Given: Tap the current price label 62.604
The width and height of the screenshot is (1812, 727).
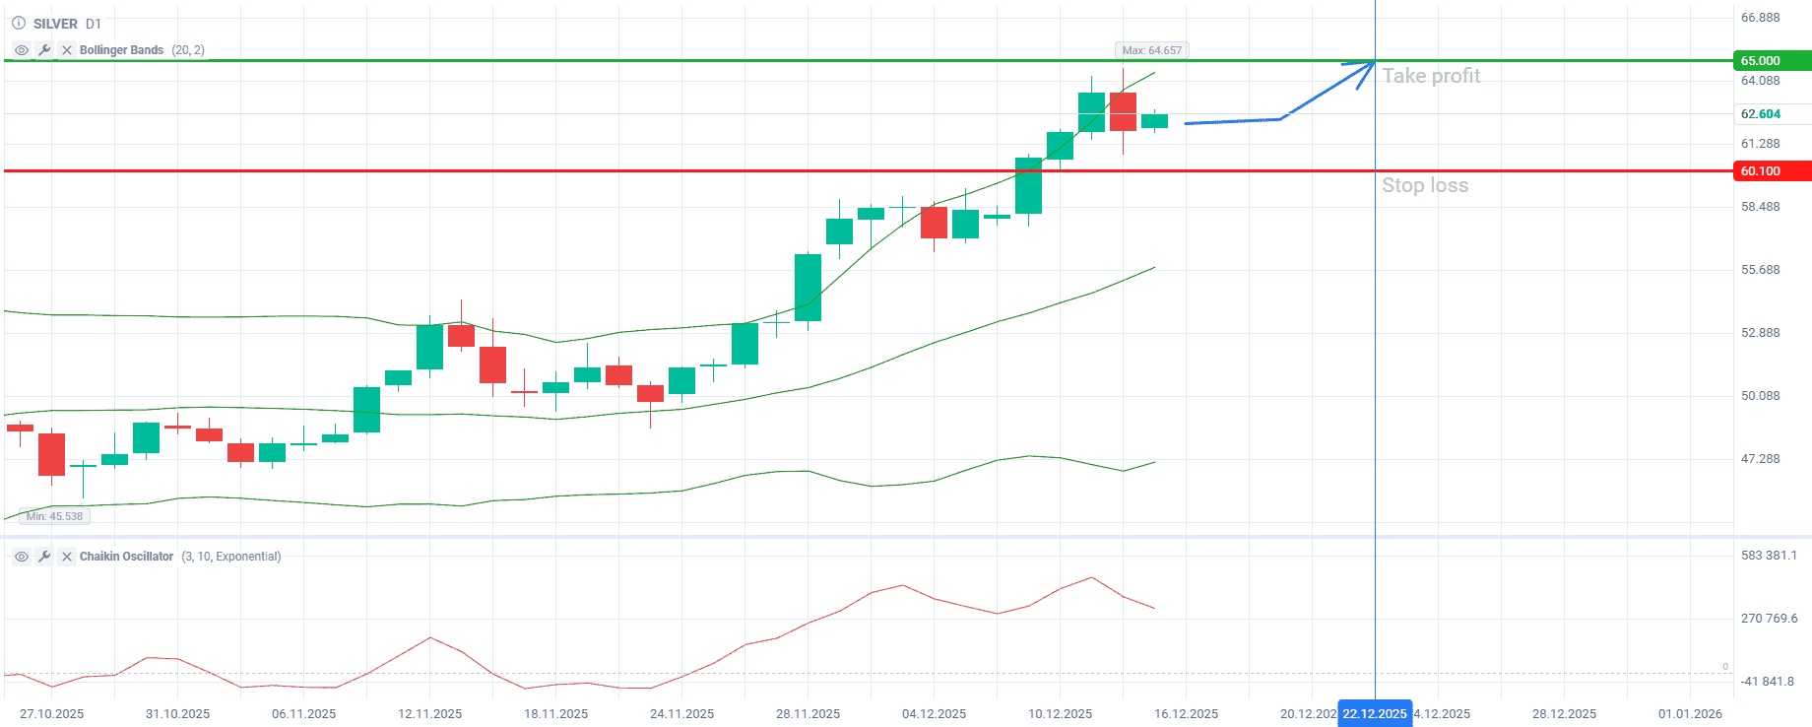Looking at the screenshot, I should (1761, 114).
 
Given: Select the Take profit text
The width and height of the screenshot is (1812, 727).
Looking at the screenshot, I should (1431, 76).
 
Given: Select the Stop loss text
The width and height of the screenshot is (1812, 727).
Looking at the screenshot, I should (1425, 185).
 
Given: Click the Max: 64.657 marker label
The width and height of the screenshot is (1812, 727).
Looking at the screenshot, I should (1151, 50).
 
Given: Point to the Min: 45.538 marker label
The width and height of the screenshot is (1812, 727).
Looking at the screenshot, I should (55, 516).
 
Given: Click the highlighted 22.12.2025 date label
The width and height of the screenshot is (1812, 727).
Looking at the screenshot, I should (1375, 714).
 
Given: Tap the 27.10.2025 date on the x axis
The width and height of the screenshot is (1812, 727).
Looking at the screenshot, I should (52, 714).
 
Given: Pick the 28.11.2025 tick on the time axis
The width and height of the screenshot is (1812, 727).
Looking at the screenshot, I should (809, 714).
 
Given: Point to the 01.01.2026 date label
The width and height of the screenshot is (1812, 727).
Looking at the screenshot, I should (1690, 714).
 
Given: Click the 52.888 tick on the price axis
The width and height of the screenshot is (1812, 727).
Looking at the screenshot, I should (1761, 333).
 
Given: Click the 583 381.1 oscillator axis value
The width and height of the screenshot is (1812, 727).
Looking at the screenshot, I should (1769, 556).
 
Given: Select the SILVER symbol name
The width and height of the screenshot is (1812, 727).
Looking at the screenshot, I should (55, 24).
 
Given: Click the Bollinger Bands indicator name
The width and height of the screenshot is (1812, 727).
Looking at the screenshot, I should (121, 50).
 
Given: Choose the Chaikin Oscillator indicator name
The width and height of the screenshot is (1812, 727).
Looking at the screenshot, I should (126, 557).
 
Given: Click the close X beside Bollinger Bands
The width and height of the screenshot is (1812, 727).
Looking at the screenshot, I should (67, 50).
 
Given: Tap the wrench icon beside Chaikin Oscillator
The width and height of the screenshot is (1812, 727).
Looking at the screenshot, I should (44, 557).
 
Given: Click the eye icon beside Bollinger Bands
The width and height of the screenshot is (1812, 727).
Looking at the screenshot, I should (22, 50).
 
